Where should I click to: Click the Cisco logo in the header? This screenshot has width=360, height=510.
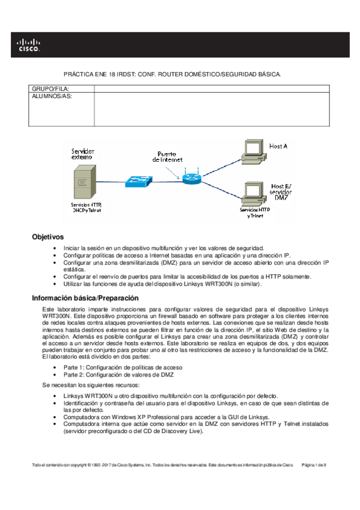point(28,45)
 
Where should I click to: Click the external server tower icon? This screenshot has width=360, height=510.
point(83,184)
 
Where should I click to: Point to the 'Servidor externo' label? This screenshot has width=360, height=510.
point(82,153)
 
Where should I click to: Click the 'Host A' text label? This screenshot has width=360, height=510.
point(278,146)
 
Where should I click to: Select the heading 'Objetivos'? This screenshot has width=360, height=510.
point(47,237)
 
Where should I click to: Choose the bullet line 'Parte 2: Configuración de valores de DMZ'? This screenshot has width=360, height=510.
point(118,375)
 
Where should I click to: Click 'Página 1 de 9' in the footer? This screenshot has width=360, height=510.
point(313,465)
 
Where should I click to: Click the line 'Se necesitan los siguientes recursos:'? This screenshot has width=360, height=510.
point(90,384)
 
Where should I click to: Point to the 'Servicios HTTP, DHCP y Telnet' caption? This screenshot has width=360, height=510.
point(84,208)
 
